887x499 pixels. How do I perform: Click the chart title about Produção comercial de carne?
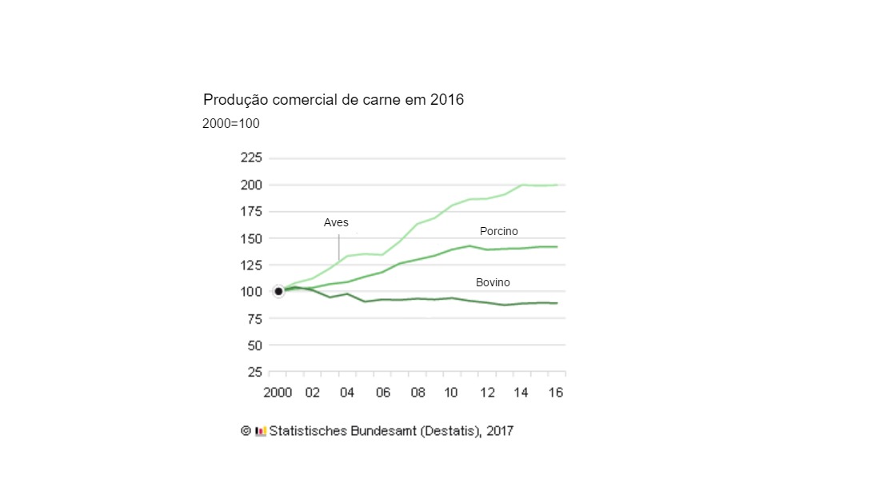[334, 100]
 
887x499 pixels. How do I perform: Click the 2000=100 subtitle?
[230, 124]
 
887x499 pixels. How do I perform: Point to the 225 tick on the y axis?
[251, 158]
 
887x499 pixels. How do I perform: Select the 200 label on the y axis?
[251, 185]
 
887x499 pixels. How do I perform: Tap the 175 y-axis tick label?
[251, 211]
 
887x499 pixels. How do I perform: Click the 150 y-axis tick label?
[251, 238]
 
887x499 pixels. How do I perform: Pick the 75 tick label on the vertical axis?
[254, 318]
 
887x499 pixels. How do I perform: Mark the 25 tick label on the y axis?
[254, 372]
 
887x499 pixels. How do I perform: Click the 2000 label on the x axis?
[278, 393]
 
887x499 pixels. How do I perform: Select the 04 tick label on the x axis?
[347, 393]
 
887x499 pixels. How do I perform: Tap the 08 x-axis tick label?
[418, 393]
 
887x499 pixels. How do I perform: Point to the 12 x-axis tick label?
[486, 393]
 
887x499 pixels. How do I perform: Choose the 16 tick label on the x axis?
[557, 393]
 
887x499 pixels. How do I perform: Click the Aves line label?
[336, 222]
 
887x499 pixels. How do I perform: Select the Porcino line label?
[498, 231]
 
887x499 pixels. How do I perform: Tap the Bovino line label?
[493, 282]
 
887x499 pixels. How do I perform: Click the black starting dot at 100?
[278, 291]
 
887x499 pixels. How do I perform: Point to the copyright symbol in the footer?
[246, 430]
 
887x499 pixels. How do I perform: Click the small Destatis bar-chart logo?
[260, 431]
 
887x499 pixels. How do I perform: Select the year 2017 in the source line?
[498, 430]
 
